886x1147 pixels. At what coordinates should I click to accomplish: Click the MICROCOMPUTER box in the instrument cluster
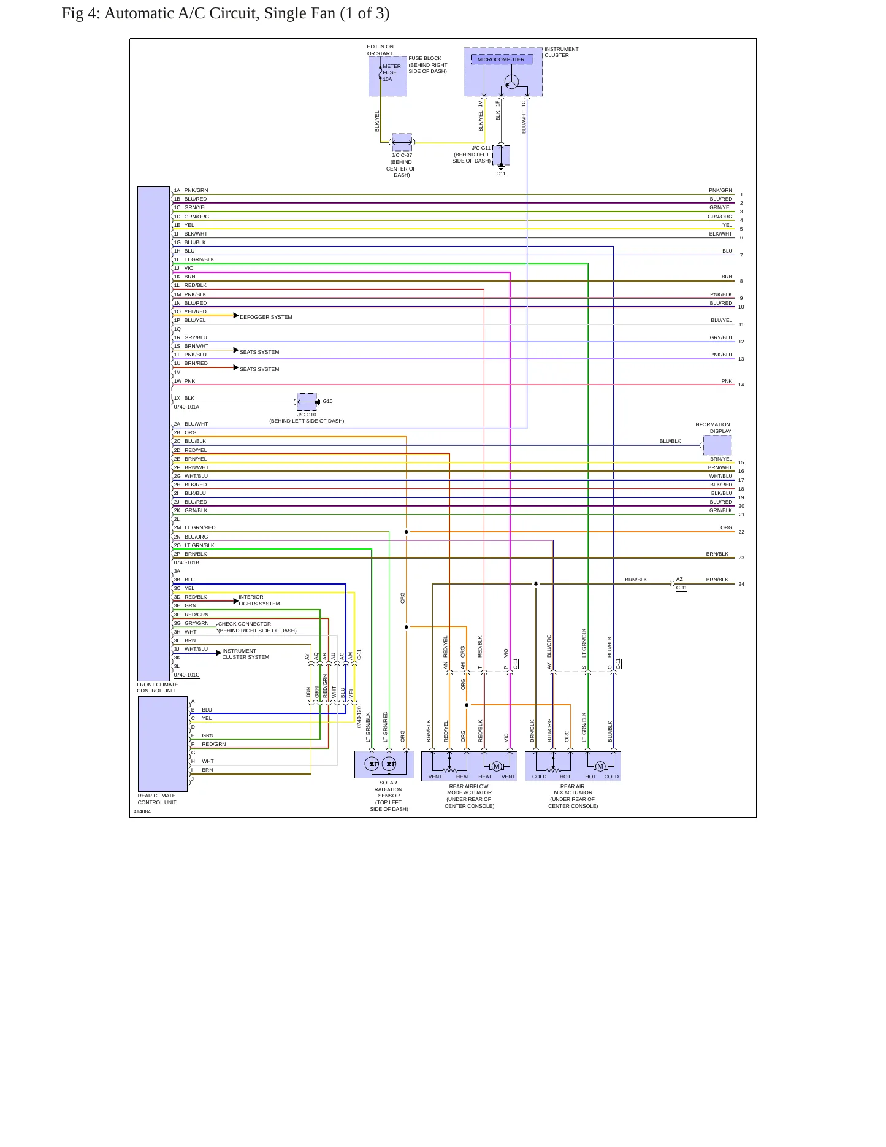coord(502,59)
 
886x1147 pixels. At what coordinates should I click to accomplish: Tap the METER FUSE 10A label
coord(392,72)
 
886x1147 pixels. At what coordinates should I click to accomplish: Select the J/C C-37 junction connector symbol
coord(402,142)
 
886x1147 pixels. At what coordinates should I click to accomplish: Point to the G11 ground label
coord(501,174)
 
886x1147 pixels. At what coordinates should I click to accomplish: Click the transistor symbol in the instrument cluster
coord(511,82)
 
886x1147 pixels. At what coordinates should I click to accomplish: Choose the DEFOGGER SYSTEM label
coord(266,317)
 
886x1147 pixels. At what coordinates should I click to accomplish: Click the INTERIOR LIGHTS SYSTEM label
coord(259,600)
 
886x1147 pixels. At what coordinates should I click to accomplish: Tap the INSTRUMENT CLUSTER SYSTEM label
coord(245,654)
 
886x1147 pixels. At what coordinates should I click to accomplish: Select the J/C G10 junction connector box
coord(307,402)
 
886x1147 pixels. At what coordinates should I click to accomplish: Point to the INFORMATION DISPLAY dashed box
coord(717,445)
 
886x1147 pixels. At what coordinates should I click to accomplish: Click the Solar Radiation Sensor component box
coord(384,764)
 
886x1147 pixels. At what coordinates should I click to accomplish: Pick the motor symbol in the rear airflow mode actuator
coord(497,766)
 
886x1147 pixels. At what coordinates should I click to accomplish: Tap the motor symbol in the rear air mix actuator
coord(600,766)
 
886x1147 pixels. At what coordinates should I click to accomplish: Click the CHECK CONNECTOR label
coord(245,624)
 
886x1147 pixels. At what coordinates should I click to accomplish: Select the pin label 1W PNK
coord(185,381)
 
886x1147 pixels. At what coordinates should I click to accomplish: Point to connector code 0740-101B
coord(186,562)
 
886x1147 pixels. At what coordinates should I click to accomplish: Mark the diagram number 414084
coord(142,811)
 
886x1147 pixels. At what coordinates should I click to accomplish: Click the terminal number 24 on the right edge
coord(741,584)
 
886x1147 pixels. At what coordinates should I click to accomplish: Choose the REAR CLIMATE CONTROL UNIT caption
coord(157,799)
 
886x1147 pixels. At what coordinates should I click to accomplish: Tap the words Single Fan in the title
coord(299,13)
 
